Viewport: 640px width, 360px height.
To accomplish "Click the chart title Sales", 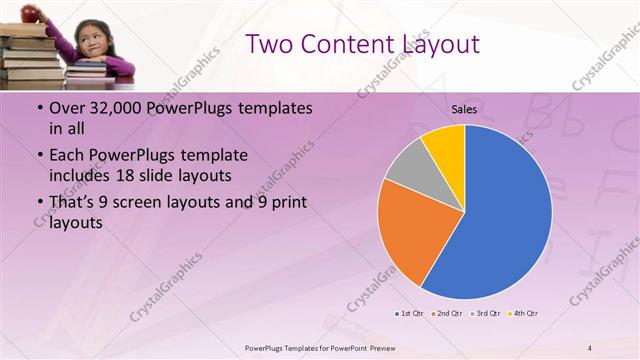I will (464, 108).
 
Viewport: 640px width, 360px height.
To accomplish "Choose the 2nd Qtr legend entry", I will (445, 314).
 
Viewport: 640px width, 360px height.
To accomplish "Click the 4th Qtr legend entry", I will (523, 314).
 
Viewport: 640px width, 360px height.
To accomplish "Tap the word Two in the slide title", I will (269, 45).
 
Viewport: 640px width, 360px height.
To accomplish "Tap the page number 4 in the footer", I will (590, 348).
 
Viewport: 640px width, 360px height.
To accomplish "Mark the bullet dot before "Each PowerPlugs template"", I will (39, 156).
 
